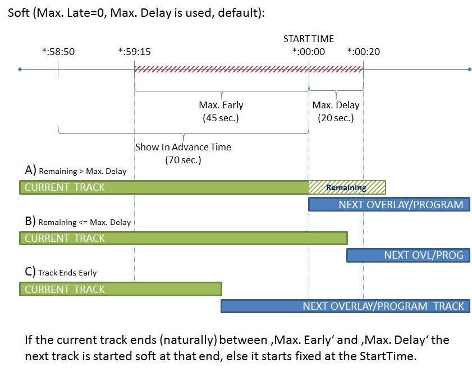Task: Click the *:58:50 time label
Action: coord(58,52)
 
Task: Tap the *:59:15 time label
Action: coord(134,52)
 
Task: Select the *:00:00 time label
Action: coord(309,52)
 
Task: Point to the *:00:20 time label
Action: coord(363,52)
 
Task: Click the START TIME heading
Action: coord(308,39)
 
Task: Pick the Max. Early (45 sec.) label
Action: coord(221,111)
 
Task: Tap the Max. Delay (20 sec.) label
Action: coord(336,111)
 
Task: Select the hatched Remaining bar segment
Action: coord(346,187)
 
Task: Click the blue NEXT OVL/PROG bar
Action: coord(408,255)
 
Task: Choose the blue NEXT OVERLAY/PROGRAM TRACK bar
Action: coord(345,306)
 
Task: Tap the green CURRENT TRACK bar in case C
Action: coord(121,289)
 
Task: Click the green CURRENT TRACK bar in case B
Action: coord(183,238)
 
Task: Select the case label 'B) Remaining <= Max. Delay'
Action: coord(78,221)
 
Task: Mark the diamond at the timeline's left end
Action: coord(20,70)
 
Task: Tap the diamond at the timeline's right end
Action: coord(470,70)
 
